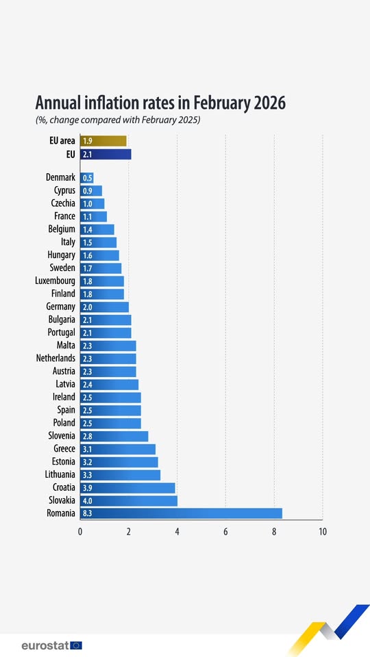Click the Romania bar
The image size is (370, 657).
tap(181, 513)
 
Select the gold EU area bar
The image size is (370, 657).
tap(103, 141)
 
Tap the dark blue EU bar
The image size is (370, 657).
tap(106, 154)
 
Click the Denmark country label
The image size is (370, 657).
tap(60, 177)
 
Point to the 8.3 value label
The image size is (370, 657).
tap(88, 513)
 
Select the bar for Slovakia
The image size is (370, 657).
tap(129, 500)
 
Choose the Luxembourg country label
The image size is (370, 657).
tap(55, 281)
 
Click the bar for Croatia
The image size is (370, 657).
tap(127, 487)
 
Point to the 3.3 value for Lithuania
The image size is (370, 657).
tap(88, 474)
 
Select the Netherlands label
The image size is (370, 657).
tap(56, 358)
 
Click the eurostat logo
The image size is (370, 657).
tap(51, 645)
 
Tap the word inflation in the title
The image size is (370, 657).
tap(125, 103)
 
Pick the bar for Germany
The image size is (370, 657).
tap(104, 307)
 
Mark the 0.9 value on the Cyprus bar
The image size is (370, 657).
tap(87, 190)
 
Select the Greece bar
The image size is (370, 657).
tap(118, 449)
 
